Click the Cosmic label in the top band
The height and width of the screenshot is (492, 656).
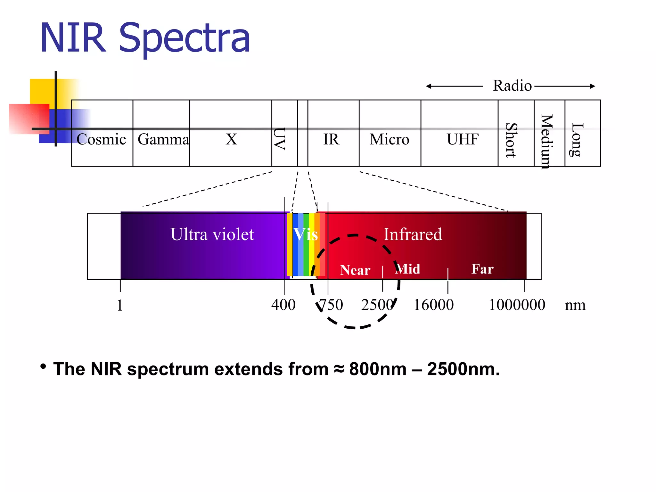[x=101, y=139]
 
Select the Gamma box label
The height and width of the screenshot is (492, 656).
[x=163, y=139]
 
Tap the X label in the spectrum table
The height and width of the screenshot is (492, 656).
[x=231, y=139]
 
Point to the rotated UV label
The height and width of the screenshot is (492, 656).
[x=280, y=139]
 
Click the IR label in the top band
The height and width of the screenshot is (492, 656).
[x=331, y=139]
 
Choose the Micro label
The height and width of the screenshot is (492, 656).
[x=389, y=139]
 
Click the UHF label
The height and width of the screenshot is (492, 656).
[x=463, y=139]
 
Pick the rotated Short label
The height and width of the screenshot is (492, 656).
[x=511, y=140]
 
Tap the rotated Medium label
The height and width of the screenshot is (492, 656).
[x=547, y=141]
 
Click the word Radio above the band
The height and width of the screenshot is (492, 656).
[x=512, y=86]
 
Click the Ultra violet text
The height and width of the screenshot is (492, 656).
[x=212, y=234]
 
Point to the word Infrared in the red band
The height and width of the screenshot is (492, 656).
[x=413, y=234]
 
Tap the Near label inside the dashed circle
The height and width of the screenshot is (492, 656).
[x=355, y=270]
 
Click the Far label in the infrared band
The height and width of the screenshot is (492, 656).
[x=482, y=269]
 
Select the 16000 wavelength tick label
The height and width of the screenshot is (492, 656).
[x=434, y=305]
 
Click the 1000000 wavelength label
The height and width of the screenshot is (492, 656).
[x=517, y=305]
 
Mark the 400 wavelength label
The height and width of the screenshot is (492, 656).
[x=283, y=305]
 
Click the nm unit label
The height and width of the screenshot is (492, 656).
[x=575, y=305]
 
